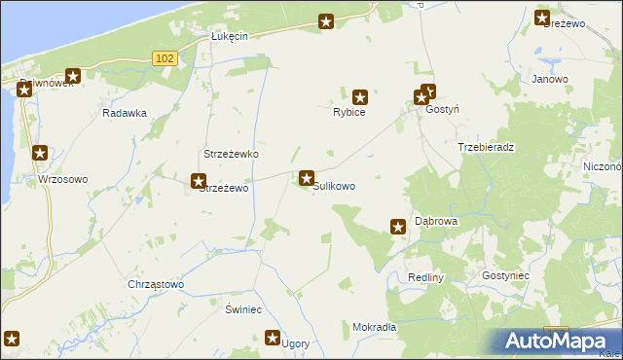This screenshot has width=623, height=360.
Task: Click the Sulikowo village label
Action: pos(334,186)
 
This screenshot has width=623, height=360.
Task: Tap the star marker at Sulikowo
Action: pos(307,179)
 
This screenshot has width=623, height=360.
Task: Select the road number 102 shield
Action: pos(165,59)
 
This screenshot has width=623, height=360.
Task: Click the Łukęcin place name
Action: pos(231,36)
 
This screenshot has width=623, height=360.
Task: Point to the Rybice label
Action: pos(349,113)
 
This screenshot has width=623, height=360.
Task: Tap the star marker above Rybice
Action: pos(360,96)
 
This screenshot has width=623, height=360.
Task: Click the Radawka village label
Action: pos(125,113)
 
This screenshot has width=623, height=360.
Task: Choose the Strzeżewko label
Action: pos(230,155)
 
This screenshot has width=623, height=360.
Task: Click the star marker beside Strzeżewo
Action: pos(199,180)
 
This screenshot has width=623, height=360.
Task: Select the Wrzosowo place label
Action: pos(63,180)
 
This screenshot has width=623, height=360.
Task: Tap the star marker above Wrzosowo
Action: pos(40,153)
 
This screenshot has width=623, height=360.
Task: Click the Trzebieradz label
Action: pos(486,147)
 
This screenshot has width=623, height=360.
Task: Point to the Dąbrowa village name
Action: pos(436,222)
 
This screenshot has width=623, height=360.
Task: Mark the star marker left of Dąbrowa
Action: pos(398,227)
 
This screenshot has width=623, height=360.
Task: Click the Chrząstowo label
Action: pos(156,284)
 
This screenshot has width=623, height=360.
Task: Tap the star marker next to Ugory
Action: pos(274,338)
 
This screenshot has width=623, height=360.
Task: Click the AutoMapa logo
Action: pos(561,341)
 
